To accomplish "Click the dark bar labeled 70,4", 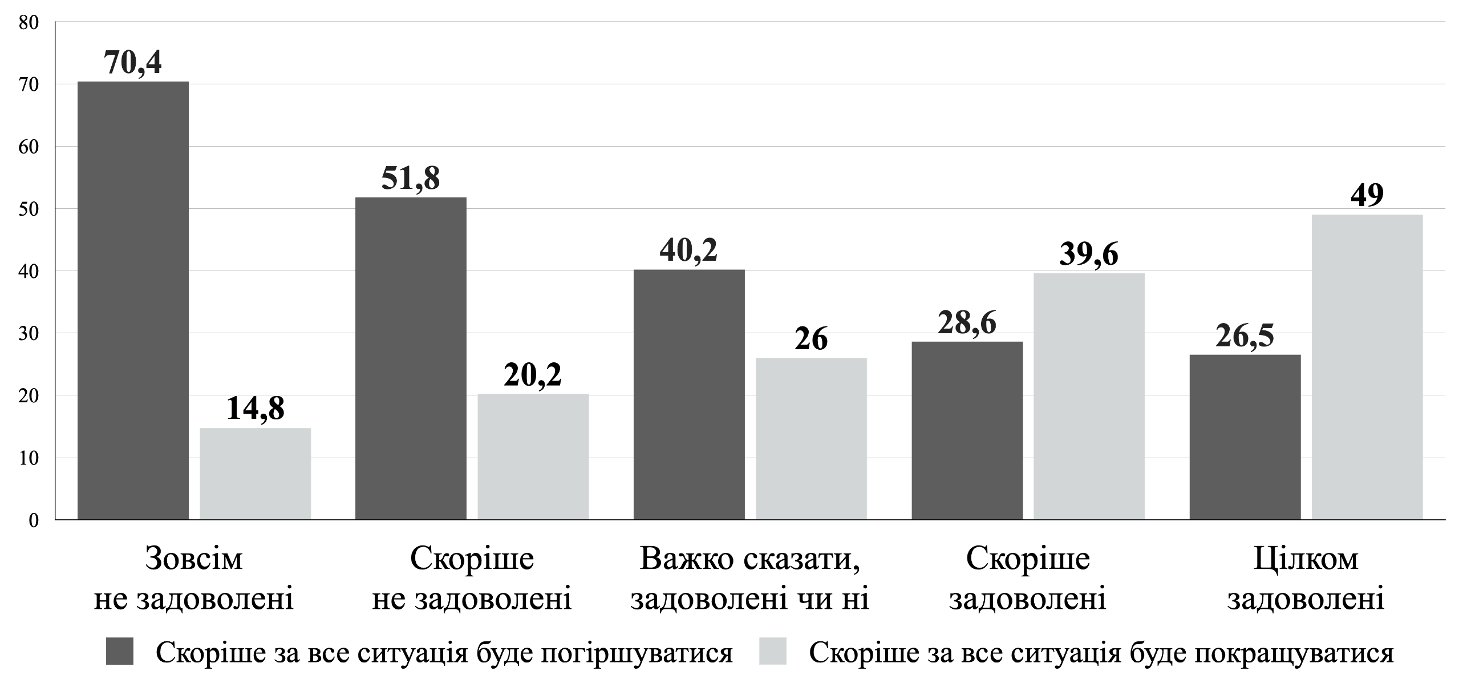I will click(x=133, y=300).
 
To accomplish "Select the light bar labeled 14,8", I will click(x=255, y=474).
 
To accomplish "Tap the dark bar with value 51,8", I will click(x=411, y=358).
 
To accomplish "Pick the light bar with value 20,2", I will click(x=533, y=456).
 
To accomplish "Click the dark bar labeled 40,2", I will click(x=689, y=394).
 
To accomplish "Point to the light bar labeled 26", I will click(x=811, y=438).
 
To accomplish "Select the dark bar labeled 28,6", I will click(x=967, y=430).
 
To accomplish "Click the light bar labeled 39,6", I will click(x=1089, y=396).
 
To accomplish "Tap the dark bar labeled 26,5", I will click(x=1245, y=437).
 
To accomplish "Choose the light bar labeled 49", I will click(x=1367, y=367).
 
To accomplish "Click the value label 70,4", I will click(x=133, y=63).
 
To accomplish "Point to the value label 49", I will click(x=1367, y=196).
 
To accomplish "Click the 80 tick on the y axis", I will click(x=29, y=23).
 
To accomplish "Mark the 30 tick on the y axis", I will click(x=29, y=333).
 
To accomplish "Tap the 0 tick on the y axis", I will click(x=34, y=520).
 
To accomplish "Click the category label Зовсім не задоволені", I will click(x=194, y=579).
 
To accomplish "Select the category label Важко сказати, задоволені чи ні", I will click(x=749, y=579).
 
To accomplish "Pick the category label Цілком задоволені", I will click(x=1306, y=579).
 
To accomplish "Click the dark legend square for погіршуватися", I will click(x=120, y=652).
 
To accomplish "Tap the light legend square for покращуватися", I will click(x=773, y=652).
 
